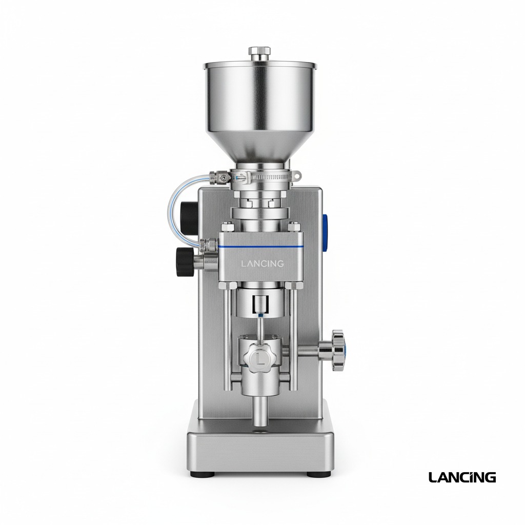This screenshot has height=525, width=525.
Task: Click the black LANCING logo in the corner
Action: (462, 477)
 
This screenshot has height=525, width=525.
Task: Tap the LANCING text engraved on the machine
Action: (262, 264)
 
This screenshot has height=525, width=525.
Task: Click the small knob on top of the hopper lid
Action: (259, 52)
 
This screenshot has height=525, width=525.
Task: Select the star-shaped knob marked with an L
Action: (260, 358)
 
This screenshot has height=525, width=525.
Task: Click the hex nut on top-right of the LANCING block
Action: (294, 226)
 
